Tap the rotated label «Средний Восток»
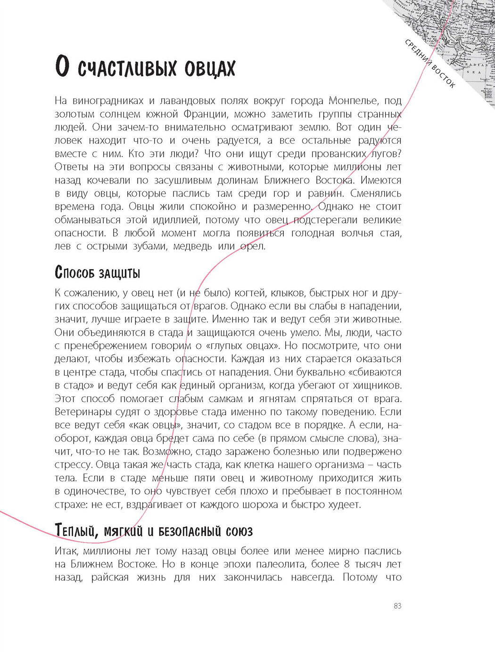coord(430,64)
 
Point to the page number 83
coord(397,606)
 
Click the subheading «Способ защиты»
coord(98,272)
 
